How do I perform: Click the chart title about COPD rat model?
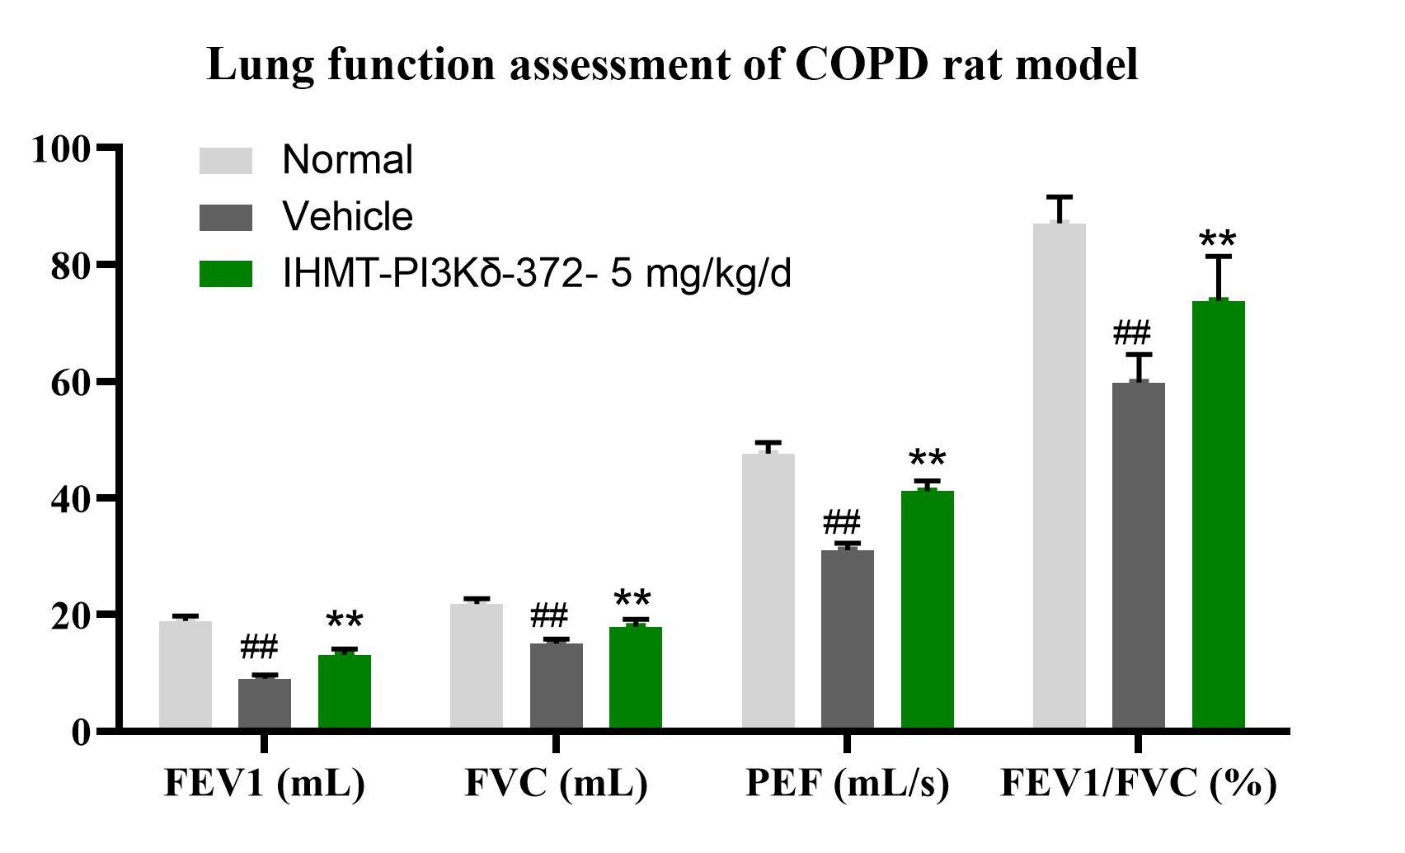click(x=672, y=64)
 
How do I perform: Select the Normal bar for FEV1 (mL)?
click(x=186, y=675)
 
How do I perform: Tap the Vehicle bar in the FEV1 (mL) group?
click(x=265, y=703)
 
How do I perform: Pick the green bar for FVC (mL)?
click(x=636, y=678)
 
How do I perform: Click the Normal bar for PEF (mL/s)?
click(x=768, y=591)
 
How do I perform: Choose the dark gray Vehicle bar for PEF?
click(x=848, y=639)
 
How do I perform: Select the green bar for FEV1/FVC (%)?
click(x=1219, y=515)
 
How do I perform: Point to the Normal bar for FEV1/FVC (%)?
click(x=1060, y=476)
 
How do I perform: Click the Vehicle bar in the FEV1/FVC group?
click(x=1139, y=555)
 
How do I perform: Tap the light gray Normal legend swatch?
click(x=226, y=161)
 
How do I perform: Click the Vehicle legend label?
click(x=347, y=217)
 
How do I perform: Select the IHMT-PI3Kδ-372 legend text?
click(x=537, y=274)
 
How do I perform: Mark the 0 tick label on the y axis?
click(x=80, y=732)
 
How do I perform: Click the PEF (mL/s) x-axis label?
click(x=848, y=784)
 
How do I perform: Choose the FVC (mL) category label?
click(x=557, y=784)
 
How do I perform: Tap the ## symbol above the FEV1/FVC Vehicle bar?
click(x=1132, y=334)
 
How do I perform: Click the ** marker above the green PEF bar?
click(x=927, y=459)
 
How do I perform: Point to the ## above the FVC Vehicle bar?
click(x=549, y=615)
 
